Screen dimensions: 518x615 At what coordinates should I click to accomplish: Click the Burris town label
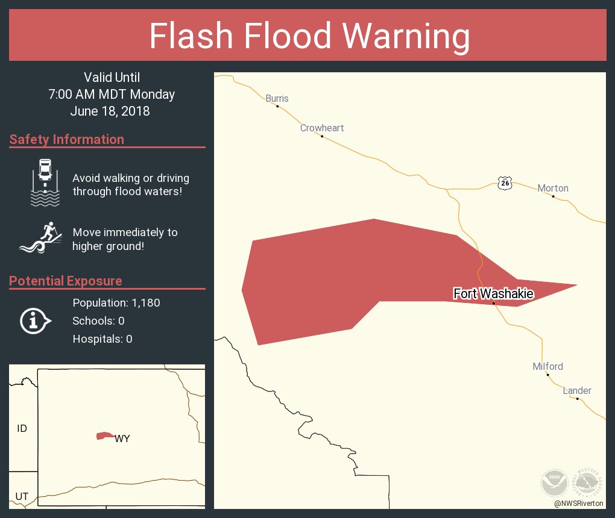pyautogui.click(x=277, y=98)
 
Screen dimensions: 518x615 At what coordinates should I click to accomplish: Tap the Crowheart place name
pyautogui.click(x=322, y=128)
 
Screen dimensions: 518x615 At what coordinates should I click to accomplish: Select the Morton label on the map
pyautogui.click(x=553, y=188)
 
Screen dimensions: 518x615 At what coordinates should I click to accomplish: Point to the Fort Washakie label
pyautogui.click(x=493, y=293)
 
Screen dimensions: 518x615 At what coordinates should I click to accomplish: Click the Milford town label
pyautogui.click(x=547, y=366)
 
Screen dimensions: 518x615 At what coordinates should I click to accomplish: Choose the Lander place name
pyautogui.click(x=577, y=390)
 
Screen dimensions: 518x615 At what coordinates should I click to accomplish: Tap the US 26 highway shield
pyautogui.click(x=505, y=183)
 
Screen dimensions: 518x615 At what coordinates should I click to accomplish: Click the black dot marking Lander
pyautogui.click(x=577, y=399)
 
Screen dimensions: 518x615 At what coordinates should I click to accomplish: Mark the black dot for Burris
pyautogui.click(x=277, y=107)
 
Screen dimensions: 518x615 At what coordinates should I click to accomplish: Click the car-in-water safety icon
pyautogui.click(x=45, y=183)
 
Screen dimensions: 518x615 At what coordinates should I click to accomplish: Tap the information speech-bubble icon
pyautogui.click(x=36, y=321)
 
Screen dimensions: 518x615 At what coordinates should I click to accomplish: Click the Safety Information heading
pyautogui.click(x=67, y=140)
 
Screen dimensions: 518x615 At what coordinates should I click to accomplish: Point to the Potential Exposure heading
pyautogui.click(x=66, y=281)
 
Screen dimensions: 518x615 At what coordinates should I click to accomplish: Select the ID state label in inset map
pyautogui.click(x=22, y=429)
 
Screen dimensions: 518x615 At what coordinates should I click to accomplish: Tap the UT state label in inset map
pyautogui.click(x=22, y=496)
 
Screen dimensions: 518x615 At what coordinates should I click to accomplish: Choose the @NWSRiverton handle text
pyautogui.click(x=580, y=503)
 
